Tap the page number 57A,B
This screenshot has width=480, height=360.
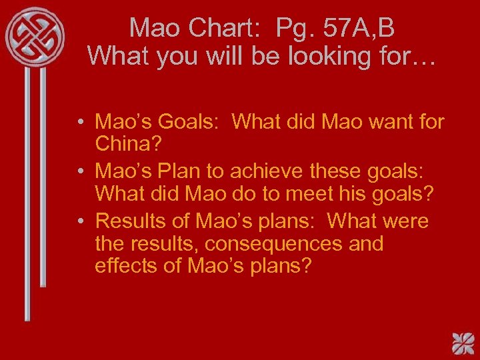point(359,28)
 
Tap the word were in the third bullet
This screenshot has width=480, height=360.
point(403,221)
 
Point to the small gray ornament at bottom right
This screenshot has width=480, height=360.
point(461,342)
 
